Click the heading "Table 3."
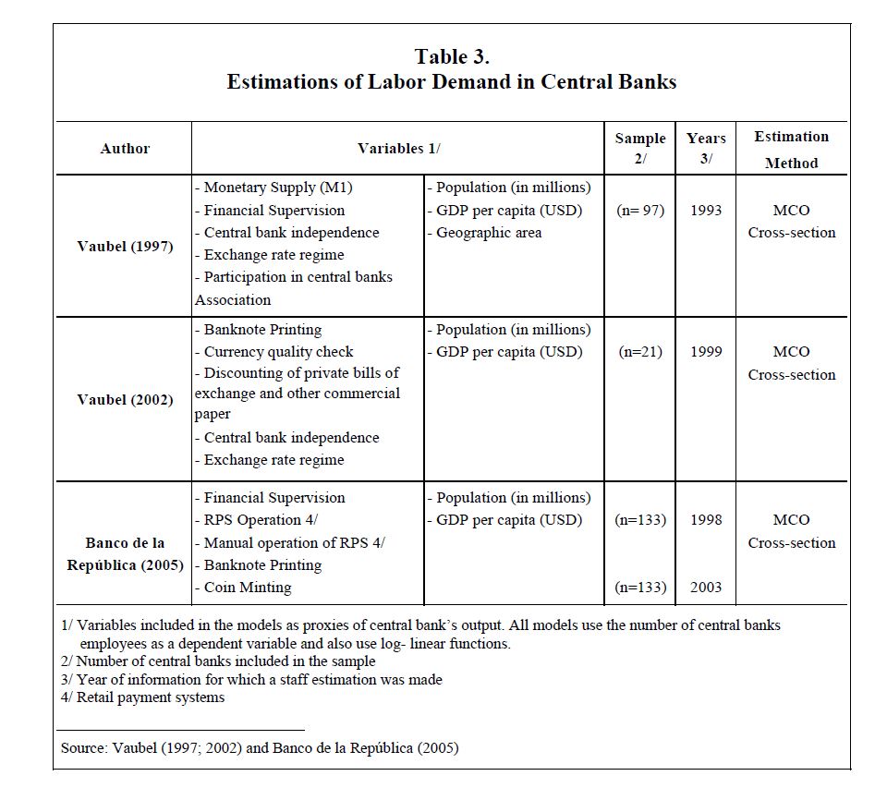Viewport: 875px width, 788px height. tap(451, 56)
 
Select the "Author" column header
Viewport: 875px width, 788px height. tap(125, 148)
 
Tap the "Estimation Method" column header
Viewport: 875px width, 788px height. tap(791, 150)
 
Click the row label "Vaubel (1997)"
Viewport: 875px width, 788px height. tap(125, 247)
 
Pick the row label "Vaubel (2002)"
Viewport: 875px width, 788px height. tap(125, 400)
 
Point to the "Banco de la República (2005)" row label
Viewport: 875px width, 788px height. tap(125, 553)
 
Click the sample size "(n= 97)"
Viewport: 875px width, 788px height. tap(640, 211)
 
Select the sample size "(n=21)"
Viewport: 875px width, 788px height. tap(640, 352)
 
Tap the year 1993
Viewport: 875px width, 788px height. tap(706, 211)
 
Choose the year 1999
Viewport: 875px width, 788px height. tap(706, 352)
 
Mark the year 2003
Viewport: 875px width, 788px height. tap(706, 588)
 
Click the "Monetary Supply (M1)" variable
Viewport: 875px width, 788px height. tap(273, 188)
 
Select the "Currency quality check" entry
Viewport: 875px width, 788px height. tap(273, 352)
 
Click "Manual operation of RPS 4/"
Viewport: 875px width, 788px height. tap(289, 542)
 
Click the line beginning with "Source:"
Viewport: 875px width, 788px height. tap(259, 748)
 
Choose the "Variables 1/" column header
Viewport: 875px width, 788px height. tap(398, 148)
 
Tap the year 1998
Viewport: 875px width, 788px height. tap(706, 520)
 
